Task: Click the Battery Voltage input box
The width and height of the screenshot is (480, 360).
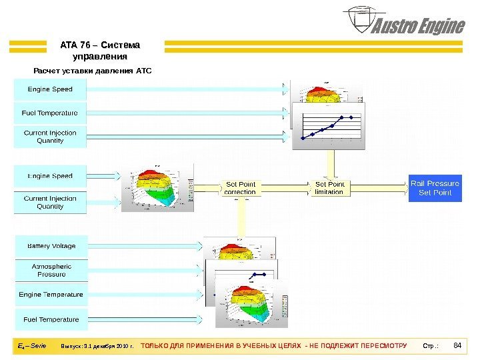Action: (x=51, y=246)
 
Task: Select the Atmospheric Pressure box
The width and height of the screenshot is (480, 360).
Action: (x=51, y=270)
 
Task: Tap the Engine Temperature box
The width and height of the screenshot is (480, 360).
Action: (x=51, y=294)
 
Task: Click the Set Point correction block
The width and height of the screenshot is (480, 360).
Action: (x=240, y=188)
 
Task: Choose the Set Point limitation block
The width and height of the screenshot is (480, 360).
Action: (x=329, y=188)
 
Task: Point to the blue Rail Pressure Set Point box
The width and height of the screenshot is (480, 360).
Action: (x=435, y=188)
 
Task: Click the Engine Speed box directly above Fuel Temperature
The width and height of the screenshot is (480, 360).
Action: (x=50, y=89)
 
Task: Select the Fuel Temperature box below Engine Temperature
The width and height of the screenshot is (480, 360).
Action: (x=51, y=319)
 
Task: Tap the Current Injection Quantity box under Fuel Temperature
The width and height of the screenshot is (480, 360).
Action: (x=50, y=137)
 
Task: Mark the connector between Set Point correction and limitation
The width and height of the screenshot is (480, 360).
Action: (x=285, y=188)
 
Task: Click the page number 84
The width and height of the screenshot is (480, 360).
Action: (x=457, y=345)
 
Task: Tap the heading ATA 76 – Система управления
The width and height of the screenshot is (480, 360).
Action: (x=100, y=51)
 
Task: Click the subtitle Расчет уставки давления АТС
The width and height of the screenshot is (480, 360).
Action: (x=93, y=69)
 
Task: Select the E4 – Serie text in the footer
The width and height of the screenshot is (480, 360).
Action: (x=32, y=346)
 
